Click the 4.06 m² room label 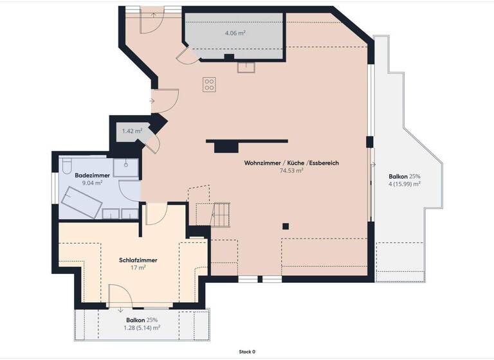click(235, 33)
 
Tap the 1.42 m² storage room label click(132, 131)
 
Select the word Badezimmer click(93, 175)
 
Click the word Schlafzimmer click(138, 260)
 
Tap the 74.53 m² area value click(291, 171)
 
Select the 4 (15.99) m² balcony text click(404, 184)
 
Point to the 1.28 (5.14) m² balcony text click(142, 327)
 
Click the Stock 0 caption click(247, 352)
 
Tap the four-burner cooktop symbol click(210, 84)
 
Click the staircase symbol click(221, 214)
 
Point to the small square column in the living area click(286, 226)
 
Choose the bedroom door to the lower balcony click(121, 297)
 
